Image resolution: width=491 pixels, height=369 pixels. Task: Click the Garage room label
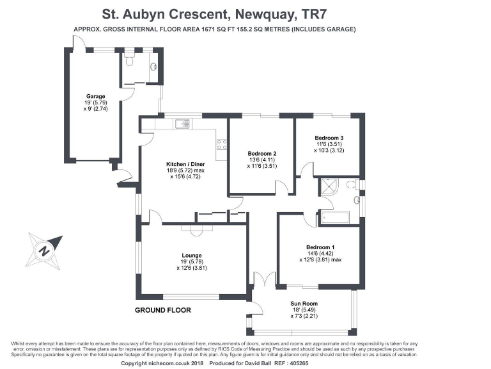coord(96,96)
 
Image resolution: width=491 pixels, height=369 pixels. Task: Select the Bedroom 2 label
coord(261,153)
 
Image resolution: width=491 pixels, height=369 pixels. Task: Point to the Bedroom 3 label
coord(329,138)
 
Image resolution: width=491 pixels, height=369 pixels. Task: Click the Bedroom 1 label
coord(320,247)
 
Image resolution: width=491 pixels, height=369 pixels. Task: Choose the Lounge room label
coord(191,255)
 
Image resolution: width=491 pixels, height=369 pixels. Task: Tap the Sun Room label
coord(304,304)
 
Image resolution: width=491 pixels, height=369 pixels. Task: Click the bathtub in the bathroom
coord(334,217)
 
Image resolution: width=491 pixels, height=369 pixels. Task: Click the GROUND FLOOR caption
coord(162,310)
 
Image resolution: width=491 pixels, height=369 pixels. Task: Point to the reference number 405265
coord(313,363)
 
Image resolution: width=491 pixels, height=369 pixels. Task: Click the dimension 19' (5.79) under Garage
coord(96,102)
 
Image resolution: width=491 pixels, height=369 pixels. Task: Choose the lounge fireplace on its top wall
coord(191,227)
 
